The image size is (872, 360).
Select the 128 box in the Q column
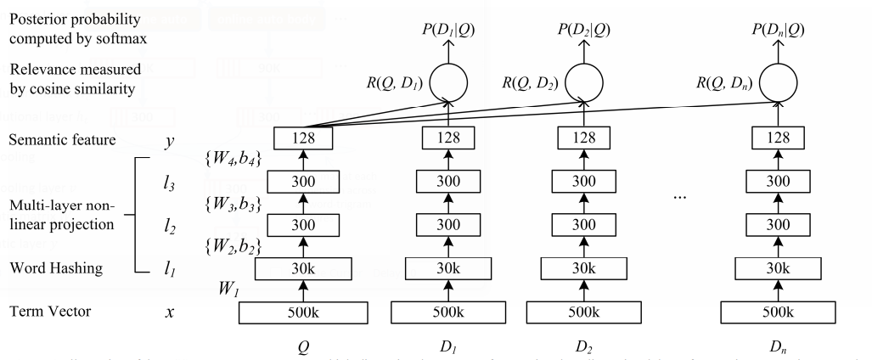click(302, 137)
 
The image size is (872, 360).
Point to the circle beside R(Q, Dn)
click(779, 82)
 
